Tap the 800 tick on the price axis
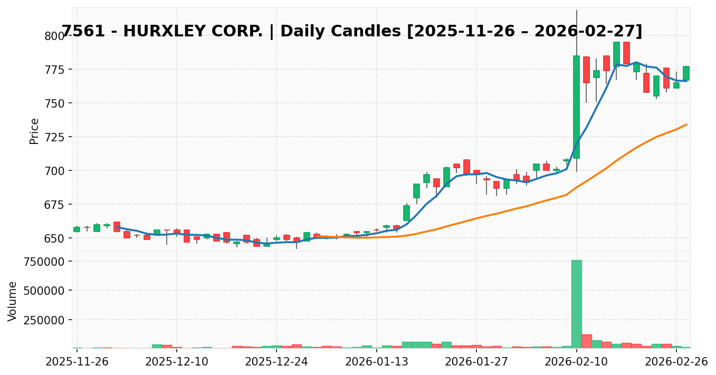pyautogui.click(x=54, y=36)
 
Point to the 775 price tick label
pyautogui.click(x=54, y=70)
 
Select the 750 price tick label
pyautogui.click(x=54, y=103)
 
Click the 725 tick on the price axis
pyautogui.click(x=54, y=137)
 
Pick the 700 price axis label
pyautogui.click(x=54, y=171)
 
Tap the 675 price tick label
pyautogui.click(x=54, y=205)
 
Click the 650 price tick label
pyautogui.click(x=54, y=238)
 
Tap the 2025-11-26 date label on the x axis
pyautogui.click(x=77, y=362)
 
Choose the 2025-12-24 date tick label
pyautogui.click(x=276, y=362)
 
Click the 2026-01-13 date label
pyautogui.click(x=377, y=362)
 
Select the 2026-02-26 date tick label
pyautogui.click(x=676, y=362)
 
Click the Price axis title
pyautogui.click(x=34, y=131)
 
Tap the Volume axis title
pyautogui.click(x=13, y=301)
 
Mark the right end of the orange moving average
pyautogui.click(x=686, y=124)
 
